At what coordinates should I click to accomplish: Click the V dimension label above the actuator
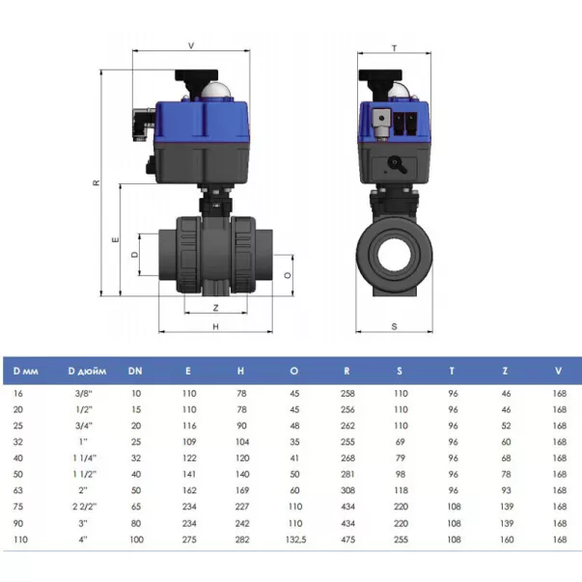tap(191, 45)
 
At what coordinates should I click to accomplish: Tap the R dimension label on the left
tap(97, 182)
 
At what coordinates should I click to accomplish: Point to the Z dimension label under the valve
tap(215, 308)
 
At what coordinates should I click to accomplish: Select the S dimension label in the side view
tap(394, 326)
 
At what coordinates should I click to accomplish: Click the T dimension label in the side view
tap(394, 48)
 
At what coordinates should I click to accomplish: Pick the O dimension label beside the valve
tap(288, 275)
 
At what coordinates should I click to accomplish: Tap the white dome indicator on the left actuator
tap(215, 90)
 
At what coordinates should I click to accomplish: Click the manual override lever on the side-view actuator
tap(397, 165)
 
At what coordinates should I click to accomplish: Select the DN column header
tap(135, 371)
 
